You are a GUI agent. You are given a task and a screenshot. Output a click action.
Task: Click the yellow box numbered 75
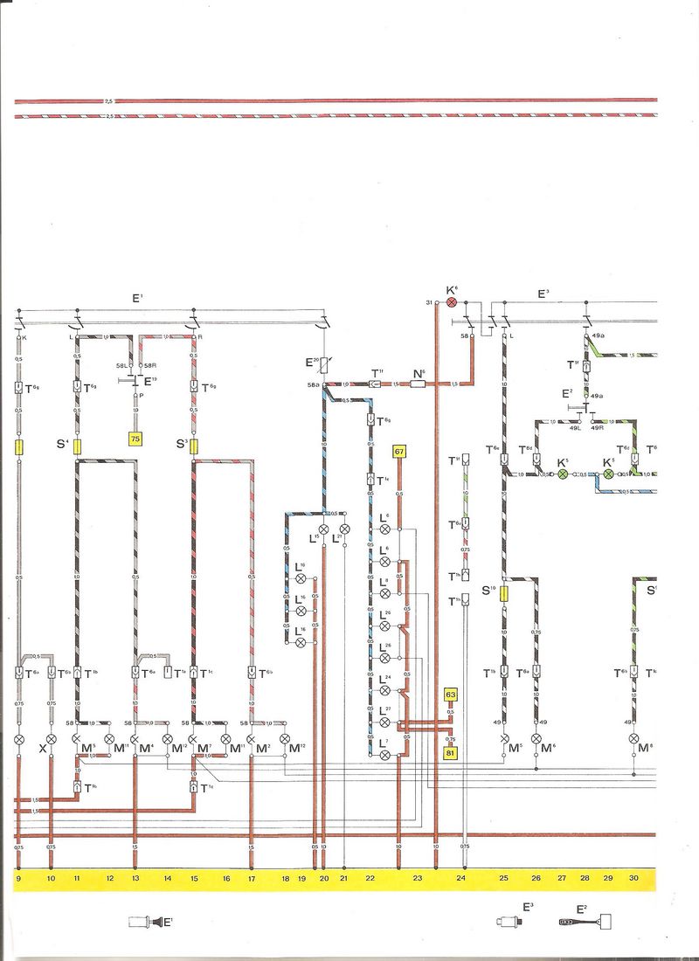(135, 439)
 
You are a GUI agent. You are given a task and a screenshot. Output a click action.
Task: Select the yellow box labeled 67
(399, 452)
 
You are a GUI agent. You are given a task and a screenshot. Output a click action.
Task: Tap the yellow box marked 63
(451, 695)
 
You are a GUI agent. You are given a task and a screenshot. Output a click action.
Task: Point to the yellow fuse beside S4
(78, 447)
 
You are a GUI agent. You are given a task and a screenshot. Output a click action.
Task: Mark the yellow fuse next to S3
(193, 447)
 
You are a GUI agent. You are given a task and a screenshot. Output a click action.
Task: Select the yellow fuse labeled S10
(504, 595)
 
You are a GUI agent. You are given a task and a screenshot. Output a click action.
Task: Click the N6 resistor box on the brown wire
(419, 383)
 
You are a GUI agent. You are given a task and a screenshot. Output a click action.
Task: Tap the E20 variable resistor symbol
(324, 364)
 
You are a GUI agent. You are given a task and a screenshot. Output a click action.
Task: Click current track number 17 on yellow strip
(252, 877)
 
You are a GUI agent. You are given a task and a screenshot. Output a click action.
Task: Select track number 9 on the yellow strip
(18, 877)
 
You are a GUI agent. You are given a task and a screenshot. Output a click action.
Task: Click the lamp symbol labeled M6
(536, 738)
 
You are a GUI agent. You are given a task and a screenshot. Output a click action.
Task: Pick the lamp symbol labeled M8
(633, 738)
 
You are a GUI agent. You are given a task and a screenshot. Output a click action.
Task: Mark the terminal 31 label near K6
(430, 302)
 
